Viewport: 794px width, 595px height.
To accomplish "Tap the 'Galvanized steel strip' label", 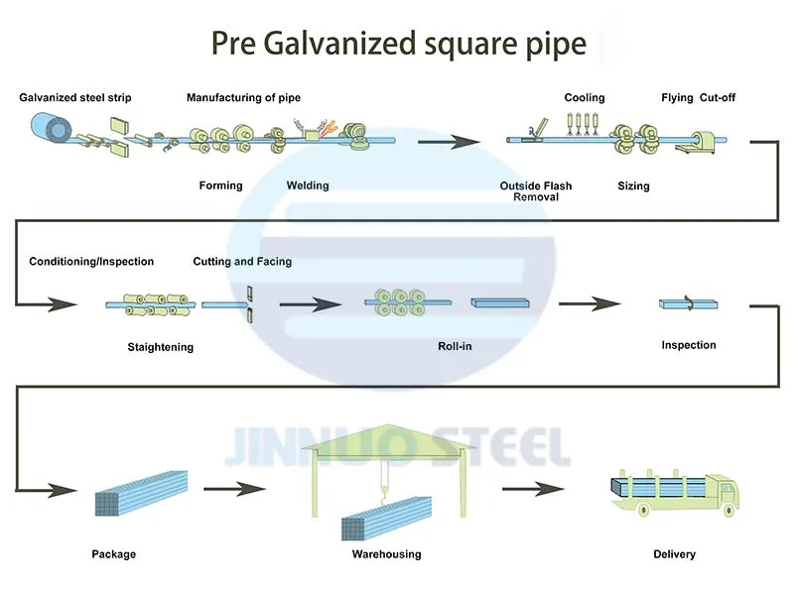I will click(x=75, y=98).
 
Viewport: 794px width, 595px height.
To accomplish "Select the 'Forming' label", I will click(x=220, y=185).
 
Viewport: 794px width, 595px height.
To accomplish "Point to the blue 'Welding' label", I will click(x=308, y=185).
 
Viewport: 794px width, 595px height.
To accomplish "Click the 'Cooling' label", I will click(x=585, y=98).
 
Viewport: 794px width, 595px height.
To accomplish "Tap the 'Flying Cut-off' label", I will click(x=699, y=98).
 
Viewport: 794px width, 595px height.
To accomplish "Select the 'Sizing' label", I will click(x=633, y=186).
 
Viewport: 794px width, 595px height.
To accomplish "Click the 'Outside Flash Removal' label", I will click(x=536, y=191).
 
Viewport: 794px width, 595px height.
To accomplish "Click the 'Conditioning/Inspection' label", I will click(x=91, y=262).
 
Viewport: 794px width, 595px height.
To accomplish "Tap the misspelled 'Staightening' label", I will click(x=161, y=347).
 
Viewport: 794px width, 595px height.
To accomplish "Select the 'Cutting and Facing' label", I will click(x=242, y=262).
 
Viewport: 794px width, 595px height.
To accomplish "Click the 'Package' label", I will click(x=113, y=553).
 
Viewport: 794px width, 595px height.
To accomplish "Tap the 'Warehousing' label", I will click(x=387, y=553).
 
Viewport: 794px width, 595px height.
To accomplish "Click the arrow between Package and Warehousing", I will click(x=235, y=487).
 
